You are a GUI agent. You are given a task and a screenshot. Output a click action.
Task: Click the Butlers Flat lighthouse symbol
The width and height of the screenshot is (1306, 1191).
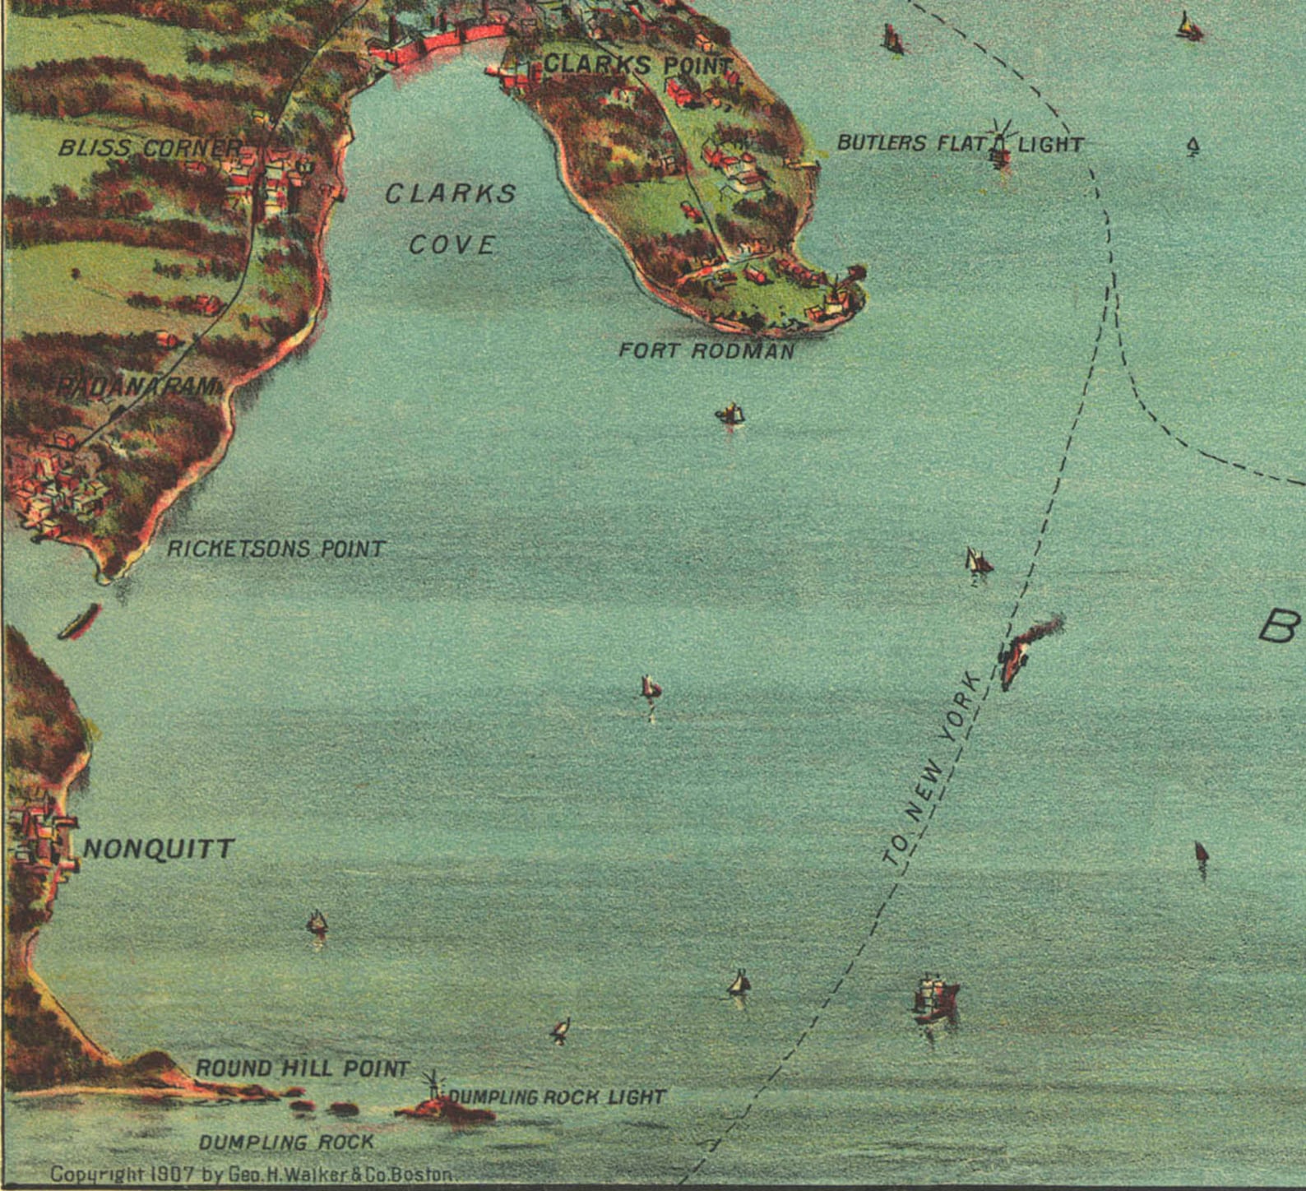[1000, 145]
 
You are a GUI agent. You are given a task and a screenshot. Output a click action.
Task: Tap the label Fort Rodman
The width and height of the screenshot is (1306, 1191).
[706, 351]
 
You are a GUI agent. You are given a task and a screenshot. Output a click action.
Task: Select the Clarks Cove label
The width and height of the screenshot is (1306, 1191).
[452, 219]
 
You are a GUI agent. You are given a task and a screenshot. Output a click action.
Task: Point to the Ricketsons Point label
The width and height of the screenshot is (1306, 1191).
[276, 549]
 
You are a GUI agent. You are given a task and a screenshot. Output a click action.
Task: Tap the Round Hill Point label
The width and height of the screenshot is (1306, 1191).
[302, 1068]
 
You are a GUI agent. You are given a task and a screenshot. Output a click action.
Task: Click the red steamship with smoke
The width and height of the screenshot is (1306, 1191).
[1020, 650]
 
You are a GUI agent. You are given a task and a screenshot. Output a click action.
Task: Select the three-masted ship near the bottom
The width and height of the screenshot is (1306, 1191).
[935, 999]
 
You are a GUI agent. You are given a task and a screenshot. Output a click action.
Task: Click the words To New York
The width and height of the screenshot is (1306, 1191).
[933, 769]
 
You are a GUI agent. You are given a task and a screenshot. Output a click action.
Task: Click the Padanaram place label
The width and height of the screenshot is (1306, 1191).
[140, 387]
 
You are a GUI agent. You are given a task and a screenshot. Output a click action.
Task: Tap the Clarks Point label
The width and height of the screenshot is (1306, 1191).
[637, 64]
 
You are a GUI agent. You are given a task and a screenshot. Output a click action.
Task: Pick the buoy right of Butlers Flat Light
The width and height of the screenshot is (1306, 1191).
[1193, 147]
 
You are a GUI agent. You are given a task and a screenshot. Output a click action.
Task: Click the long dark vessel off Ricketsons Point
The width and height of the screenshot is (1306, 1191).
[79, 622]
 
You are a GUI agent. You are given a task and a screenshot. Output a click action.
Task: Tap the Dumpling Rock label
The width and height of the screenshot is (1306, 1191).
[286, 1142]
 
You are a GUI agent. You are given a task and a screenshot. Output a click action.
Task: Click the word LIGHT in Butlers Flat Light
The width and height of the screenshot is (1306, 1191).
[1050, 145]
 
